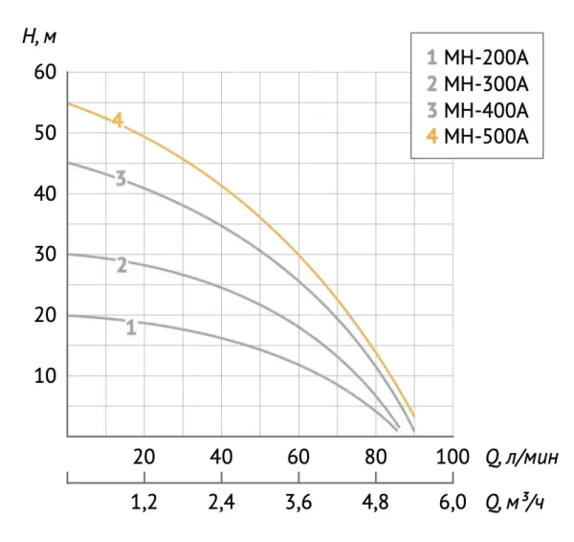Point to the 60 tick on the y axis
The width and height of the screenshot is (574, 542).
coord(47,73)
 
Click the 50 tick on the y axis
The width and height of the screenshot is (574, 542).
coord(47,133)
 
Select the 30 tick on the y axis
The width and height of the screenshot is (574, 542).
coord(47,255)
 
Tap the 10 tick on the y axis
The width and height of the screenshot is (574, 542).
coord(47,375)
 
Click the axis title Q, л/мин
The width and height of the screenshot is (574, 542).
coord(517,455)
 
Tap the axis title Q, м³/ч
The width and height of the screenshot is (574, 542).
coord(517,502)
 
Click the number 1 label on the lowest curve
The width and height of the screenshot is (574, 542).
coord(131,327)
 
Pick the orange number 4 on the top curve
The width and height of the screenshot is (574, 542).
coord(117,121)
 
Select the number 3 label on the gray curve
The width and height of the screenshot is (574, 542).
coord(121,178)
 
